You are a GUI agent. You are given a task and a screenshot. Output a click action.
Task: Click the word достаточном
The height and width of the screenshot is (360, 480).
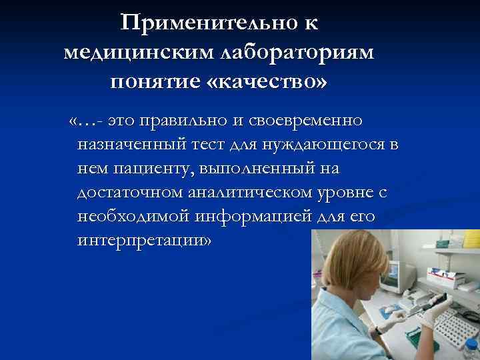pos(129,193)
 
